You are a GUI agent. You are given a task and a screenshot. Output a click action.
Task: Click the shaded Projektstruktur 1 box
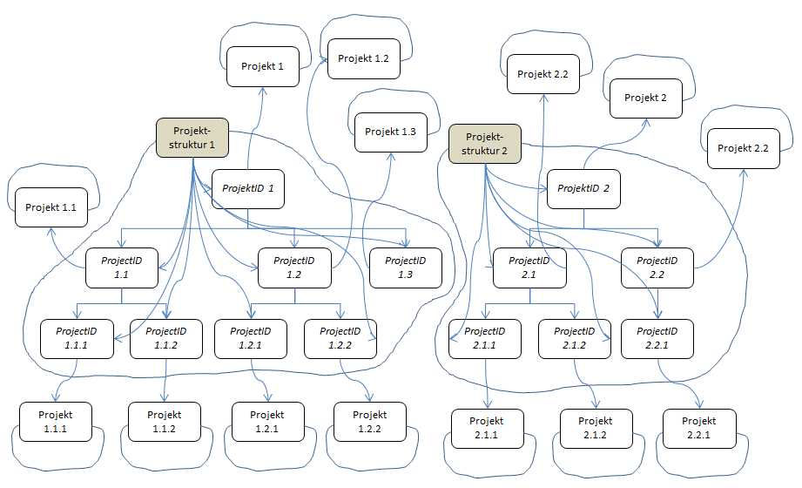pyautogui.click(x=192, y=138)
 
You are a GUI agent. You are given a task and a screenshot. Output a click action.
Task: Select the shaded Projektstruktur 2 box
pyautogui.click(x=484, y=144)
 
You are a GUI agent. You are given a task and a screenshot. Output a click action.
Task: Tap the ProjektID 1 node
pyautogui.click(x=248, y=188)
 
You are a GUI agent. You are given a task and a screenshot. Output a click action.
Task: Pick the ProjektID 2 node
pyautogui.click(x=583, y=188)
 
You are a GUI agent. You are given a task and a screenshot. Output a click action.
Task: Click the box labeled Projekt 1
pyautogui.click(x=263, y=66)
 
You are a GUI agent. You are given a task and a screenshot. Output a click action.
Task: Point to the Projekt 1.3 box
pyautogui.click(x=390, y=132)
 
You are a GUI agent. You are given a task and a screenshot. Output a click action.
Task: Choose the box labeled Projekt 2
pyautogui.click(x=646, y=98)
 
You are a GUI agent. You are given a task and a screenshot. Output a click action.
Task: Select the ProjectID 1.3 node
pyautogui.click(x=405, y=268)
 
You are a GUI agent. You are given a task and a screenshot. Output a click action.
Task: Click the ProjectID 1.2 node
pyautogui.click(x=293, y=268)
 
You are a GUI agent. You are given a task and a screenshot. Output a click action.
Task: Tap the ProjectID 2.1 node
pyautogui.click(x=529, y=268)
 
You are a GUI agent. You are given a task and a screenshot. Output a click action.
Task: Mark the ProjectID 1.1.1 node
pyautogui.click(x=77, y=339)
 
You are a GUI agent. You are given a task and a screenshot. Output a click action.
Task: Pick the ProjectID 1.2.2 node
pyautogui.click(x=340, y=339)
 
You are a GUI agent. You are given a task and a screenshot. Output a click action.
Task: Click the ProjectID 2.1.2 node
pyautogui.click(x=575, y=339)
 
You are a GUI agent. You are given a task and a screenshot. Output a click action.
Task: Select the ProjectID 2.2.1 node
pyautogui.click(x=657, y=339)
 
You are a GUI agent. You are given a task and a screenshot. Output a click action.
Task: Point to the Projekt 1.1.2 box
pyautogui.click(x=165, y=422)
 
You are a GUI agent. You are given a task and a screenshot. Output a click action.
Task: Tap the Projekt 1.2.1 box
pyautogui.click(x=267, y=422)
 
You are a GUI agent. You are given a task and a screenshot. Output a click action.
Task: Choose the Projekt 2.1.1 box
pyautogui.click(x=488, y=428)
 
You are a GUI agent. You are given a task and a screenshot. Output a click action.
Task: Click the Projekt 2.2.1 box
pyautogui.click(x=698, y=428)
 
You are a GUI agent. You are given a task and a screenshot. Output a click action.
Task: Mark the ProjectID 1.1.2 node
pyautogui.click(x=166, y=339)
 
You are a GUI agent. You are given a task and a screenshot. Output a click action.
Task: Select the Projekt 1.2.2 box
pyautogui.click(x=370, y=422)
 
